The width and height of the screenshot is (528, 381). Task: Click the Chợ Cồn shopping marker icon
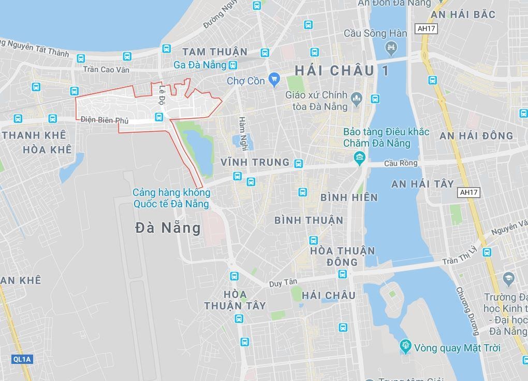tap(274, 80)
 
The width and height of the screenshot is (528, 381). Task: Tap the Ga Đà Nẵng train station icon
tap(233, 65)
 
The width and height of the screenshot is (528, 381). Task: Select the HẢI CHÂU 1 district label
tap(341, 70)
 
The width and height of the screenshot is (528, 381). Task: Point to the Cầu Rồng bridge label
tap(401, 163)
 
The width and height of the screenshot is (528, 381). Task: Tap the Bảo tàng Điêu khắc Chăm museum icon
tap(359, 157)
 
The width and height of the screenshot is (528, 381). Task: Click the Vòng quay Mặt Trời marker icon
tap(405, 346)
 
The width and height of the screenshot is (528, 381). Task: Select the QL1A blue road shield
tap(22, 359)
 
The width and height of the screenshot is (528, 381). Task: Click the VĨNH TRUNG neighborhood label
tap(255, 162)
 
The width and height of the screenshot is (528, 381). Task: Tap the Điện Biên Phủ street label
tap(105, 120)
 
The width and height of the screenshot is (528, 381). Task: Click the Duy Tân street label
tap(283, 283)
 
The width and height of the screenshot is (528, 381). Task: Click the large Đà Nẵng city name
tap(168, 228)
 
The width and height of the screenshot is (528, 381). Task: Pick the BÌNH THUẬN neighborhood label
tap(309, 220)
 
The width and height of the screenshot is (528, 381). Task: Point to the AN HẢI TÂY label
tap(422, 184)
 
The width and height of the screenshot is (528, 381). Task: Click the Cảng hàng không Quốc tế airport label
tap(171, 198)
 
